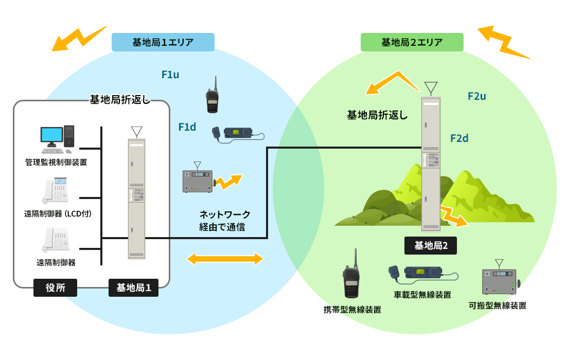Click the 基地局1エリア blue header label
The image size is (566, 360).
163,42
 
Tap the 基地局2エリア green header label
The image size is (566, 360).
412,42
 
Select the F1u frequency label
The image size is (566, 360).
170,75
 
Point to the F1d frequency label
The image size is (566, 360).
187,127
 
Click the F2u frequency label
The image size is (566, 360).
477,96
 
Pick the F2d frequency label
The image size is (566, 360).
459,138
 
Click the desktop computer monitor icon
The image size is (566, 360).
52,136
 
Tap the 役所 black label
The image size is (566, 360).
55,288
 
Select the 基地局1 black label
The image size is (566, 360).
134,288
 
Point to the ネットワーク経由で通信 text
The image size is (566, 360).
225,220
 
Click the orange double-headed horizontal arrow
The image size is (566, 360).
225,259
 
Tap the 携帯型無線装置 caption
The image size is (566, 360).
352,310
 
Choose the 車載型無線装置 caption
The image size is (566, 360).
422,295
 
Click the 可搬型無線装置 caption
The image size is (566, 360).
498,305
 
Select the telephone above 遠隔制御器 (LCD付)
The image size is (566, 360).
56,191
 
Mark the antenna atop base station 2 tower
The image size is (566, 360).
431,88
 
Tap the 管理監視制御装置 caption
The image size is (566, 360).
56,163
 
